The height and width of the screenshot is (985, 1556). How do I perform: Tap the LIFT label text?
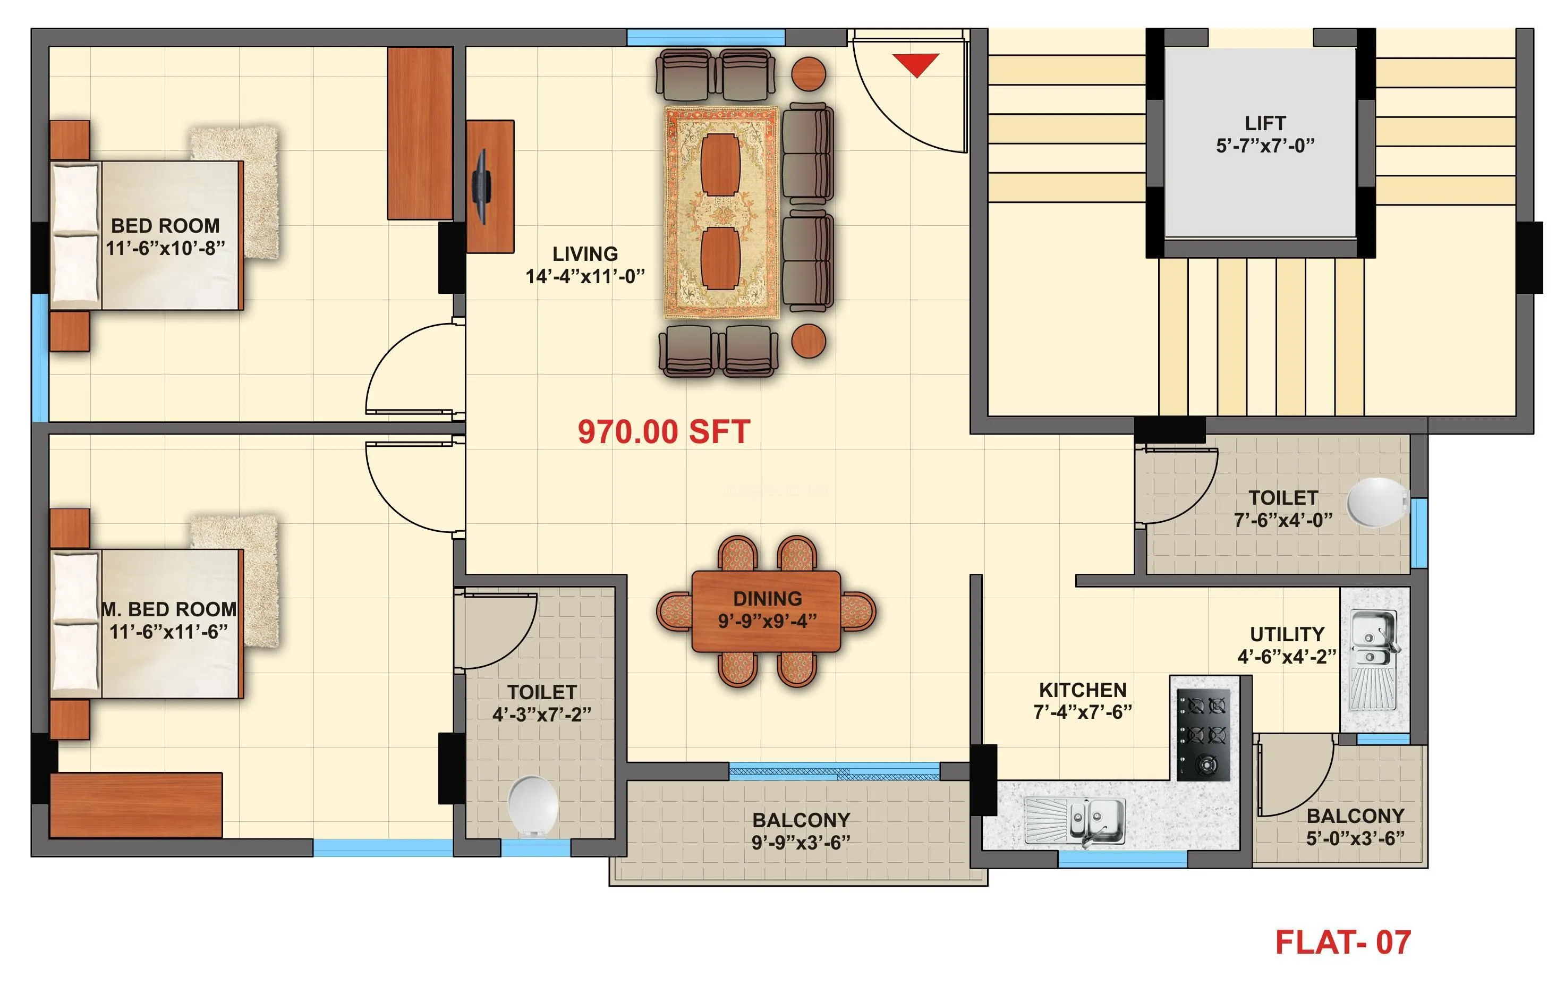click(x=1264, y=123)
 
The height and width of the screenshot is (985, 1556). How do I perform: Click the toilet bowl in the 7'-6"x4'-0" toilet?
click(x=1377, y=503)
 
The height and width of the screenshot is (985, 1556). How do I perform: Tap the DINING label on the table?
click(x=767, y=599)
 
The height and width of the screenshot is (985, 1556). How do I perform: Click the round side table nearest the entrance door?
click(x=809, y=74)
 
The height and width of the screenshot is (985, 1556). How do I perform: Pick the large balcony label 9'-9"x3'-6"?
click(x=801, y=842)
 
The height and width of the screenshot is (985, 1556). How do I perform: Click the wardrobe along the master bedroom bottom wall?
click(x=135, y=805)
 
